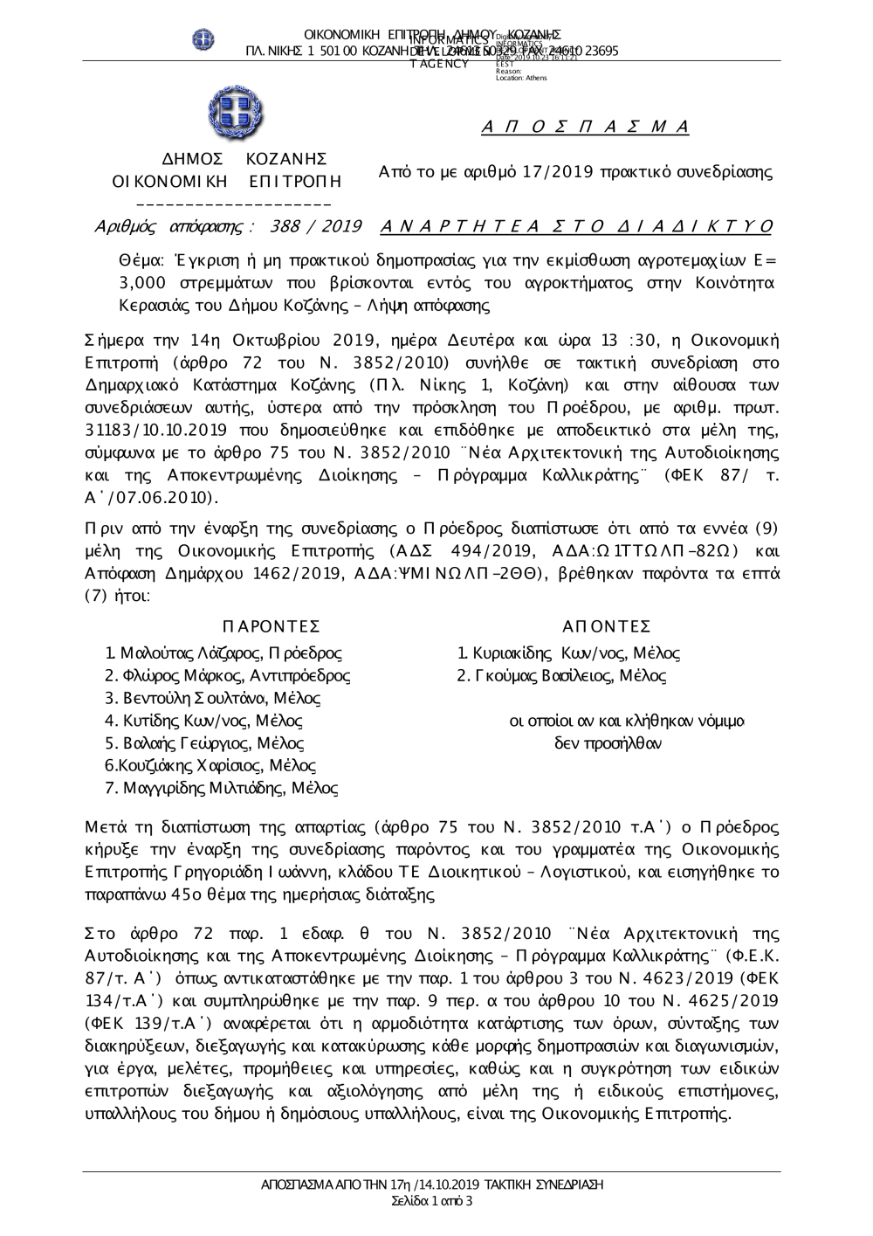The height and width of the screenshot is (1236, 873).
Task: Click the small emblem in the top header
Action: point(204,39)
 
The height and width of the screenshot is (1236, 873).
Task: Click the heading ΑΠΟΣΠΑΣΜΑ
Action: point(585,128)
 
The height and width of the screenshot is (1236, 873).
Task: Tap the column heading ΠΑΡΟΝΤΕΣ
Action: point(272,626)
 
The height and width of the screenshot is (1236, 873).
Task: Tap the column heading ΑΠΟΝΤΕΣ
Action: point(606,626)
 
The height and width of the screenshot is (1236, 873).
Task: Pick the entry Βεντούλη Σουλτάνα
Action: point(213,698)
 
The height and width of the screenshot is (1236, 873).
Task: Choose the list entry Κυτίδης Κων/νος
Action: point(204,721)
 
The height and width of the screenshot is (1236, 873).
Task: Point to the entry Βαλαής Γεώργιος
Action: point(204,743)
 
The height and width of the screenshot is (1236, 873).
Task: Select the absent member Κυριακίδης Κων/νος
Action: point(569,653)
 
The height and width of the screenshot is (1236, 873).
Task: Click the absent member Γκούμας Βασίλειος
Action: point(562,675)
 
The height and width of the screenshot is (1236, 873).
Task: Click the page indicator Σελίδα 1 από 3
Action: point(433,1201)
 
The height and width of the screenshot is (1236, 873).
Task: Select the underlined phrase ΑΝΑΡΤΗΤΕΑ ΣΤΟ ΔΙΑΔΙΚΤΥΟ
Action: point(577,227)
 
